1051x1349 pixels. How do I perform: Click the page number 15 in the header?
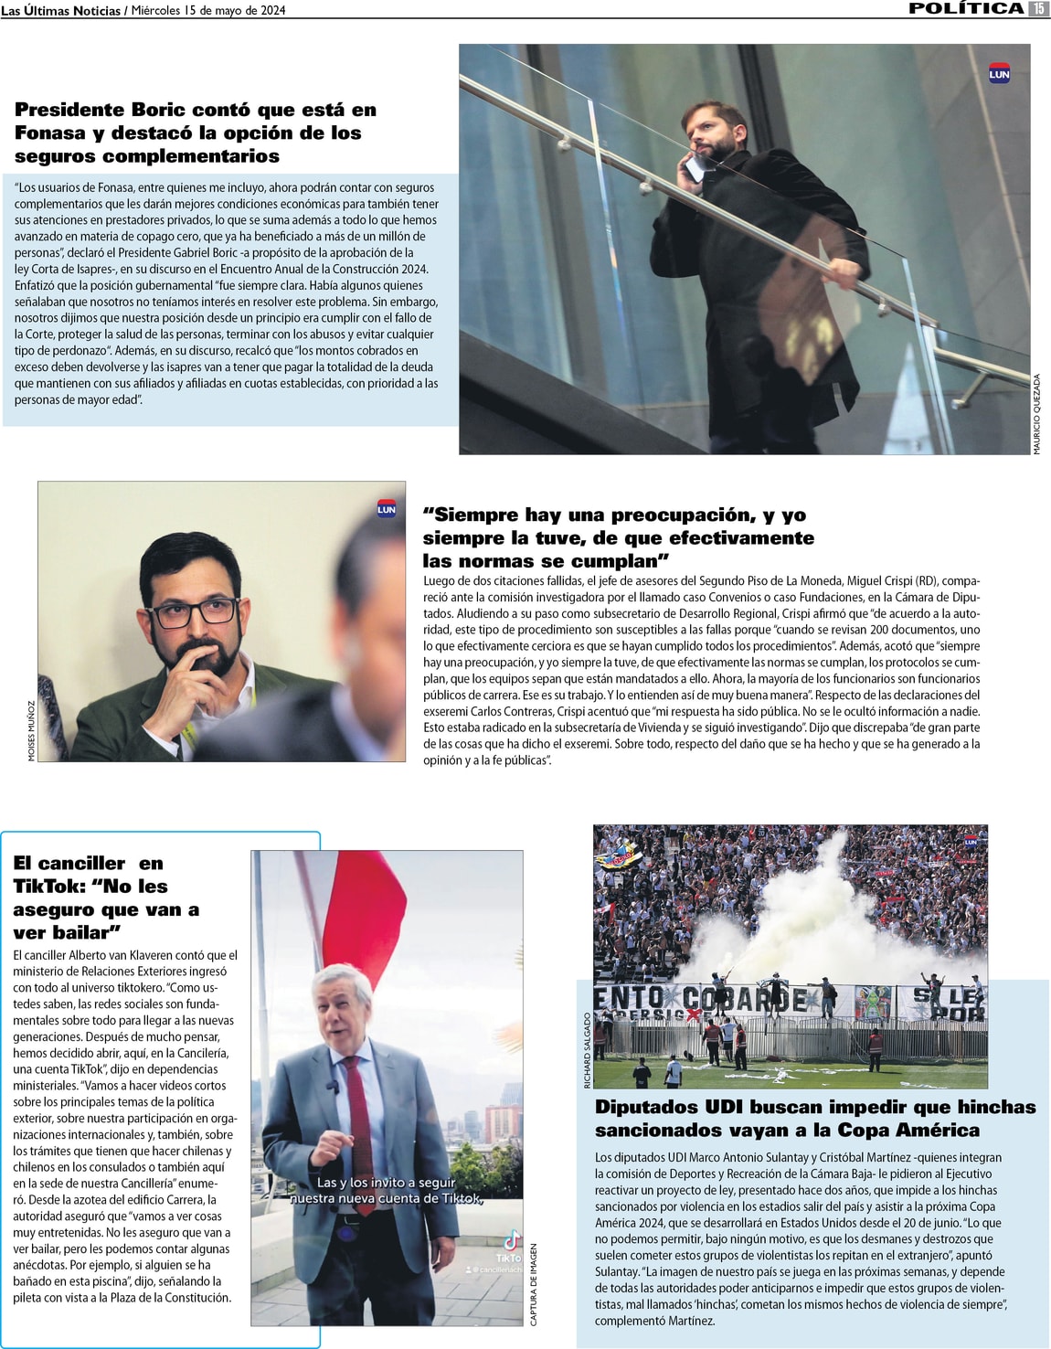[x=1038, y=8]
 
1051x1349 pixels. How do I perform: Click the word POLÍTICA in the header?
[x=966, y=8]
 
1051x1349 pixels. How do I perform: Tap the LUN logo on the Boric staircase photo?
[x=999, y=74]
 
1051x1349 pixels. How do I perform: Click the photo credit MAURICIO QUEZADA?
[x=1037, y=414]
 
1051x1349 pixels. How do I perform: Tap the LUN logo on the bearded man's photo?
[x=387, y=510]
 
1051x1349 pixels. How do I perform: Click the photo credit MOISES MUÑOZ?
[x=31, y=731]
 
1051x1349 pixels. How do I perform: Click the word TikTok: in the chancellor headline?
[x=48, y=887]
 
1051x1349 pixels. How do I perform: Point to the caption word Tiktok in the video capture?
[x=460, y=1198]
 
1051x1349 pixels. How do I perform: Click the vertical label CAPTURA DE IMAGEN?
[x=535, y=1284]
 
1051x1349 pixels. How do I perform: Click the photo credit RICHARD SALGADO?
[x=588, y=1050]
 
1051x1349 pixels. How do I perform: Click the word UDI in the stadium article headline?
[x=726, y=1107]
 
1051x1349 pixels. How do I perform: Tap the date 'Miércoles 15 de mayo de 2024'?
[x=208, y=10]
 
